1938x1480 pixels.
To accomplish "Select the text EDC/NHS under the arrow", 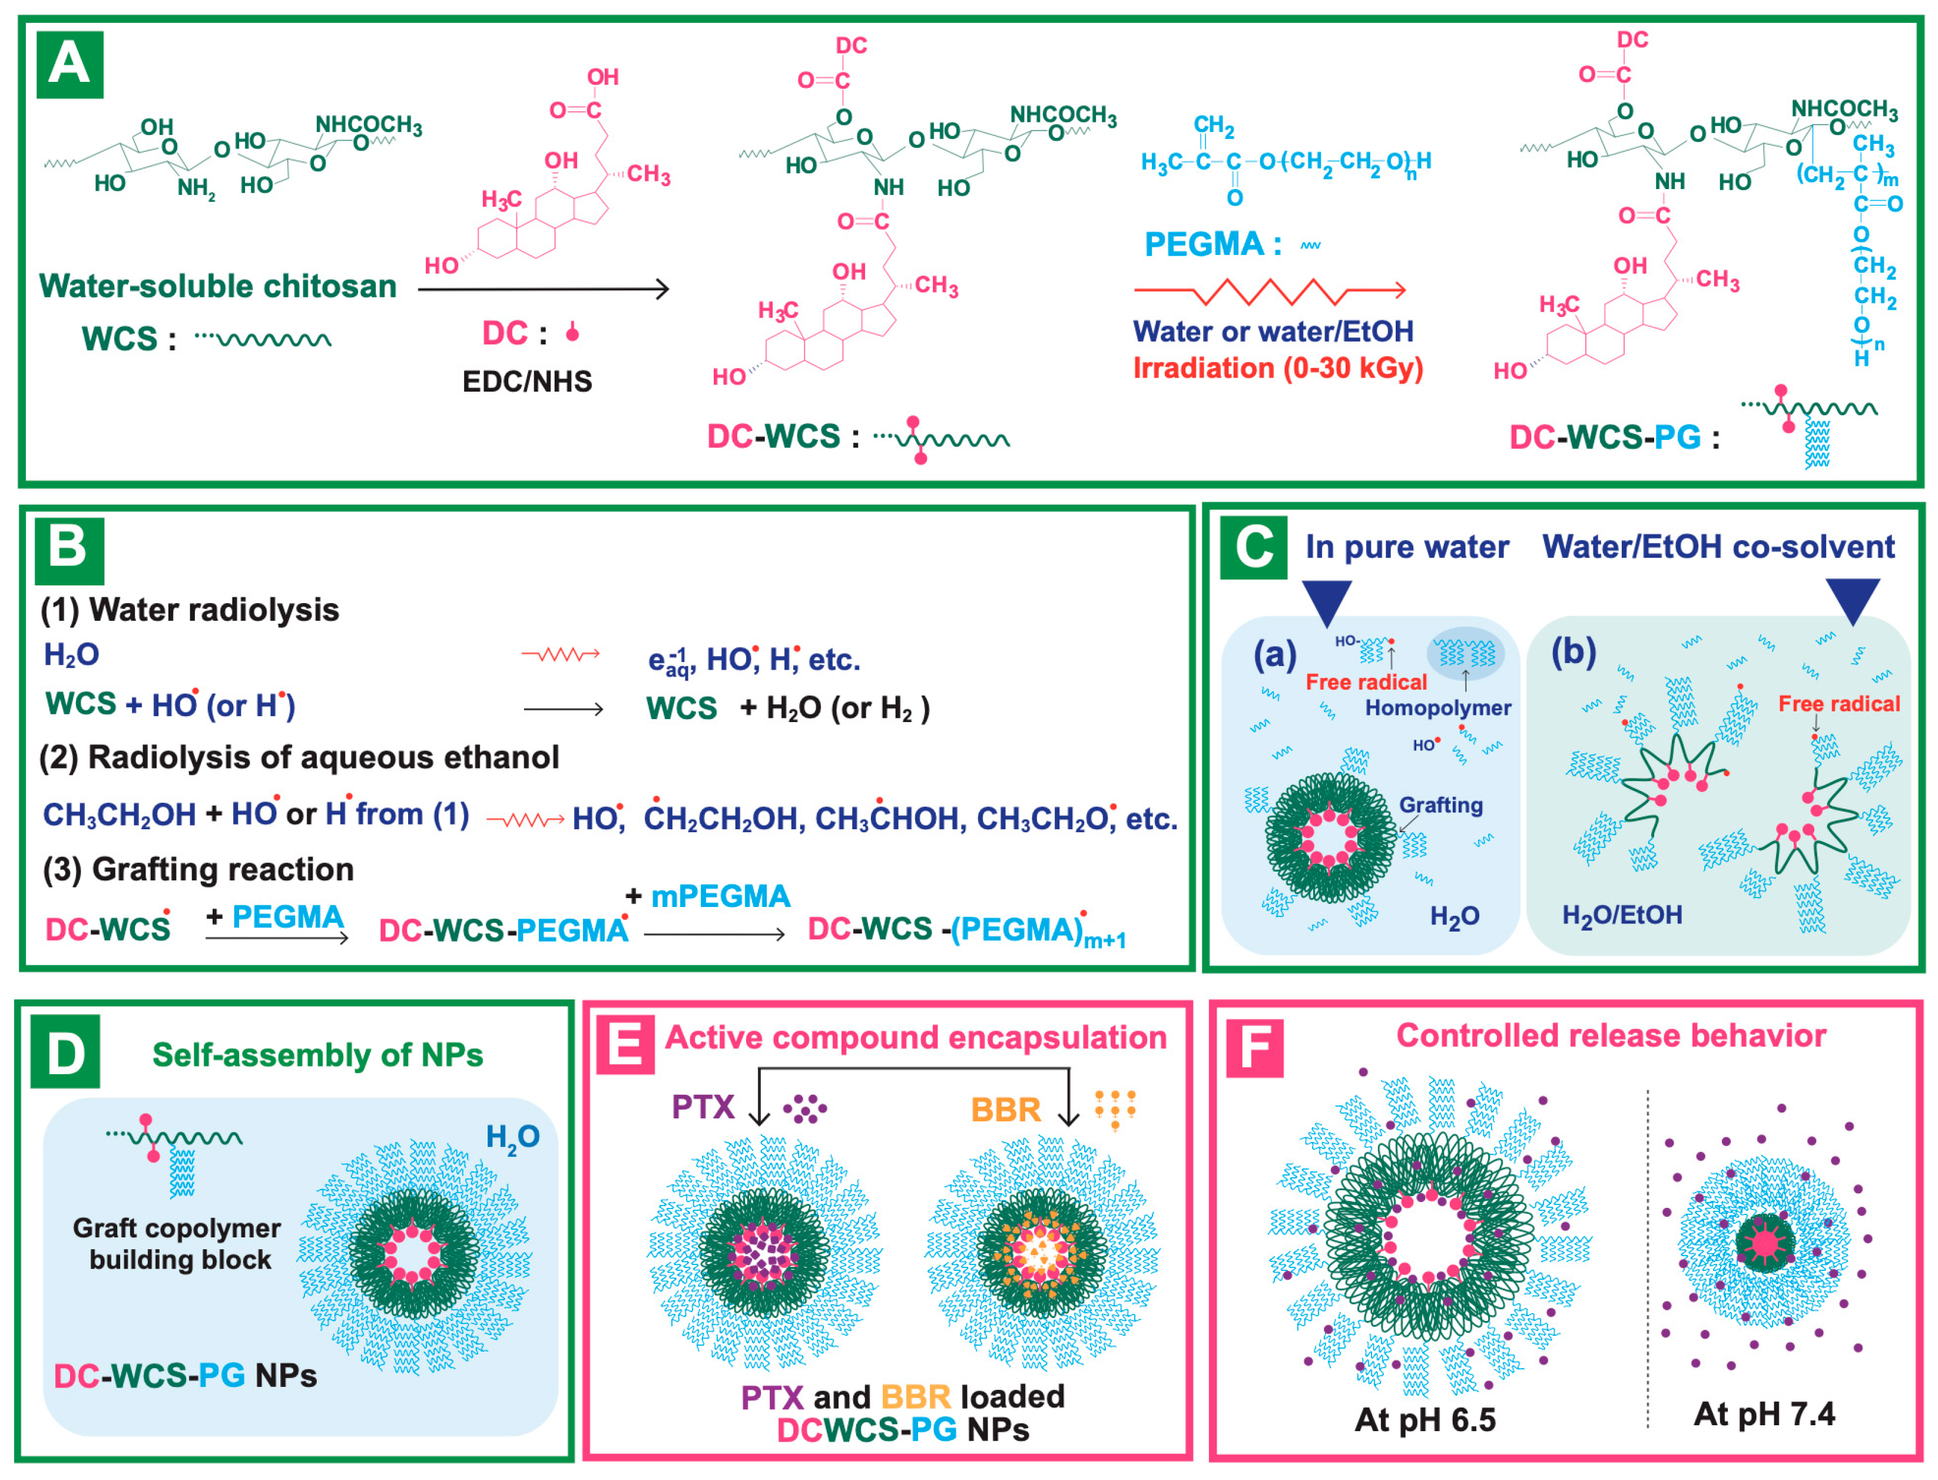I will (527, 382).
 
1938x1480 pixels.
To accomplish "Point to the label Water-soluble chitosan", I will (217, 286).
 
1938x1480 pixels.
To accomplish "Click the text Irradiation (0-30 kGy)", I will (1277, 368).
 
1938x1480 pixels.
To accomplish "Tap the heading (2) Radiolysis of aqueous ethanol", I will (300, 757).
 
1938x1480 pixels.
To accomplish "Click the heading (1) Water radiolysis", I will (190, 610).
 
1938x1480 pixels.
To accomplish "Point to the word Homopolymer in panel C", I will (1437, 707).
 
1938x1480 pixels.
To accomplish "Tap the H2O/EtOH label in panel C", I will (1622, 915).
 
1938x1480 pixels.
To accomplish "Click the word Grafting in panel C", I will (1441, 805).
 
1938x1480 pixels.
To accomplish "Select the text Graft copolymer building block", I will (178, 1244).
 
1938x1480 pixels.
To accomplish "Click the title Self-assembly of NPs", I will (317, 1055).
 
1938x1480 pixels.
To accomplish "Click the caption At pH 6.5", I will (1424, 1420).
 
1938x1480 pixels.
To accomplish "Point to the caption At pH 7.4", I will (1764, 1414).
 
